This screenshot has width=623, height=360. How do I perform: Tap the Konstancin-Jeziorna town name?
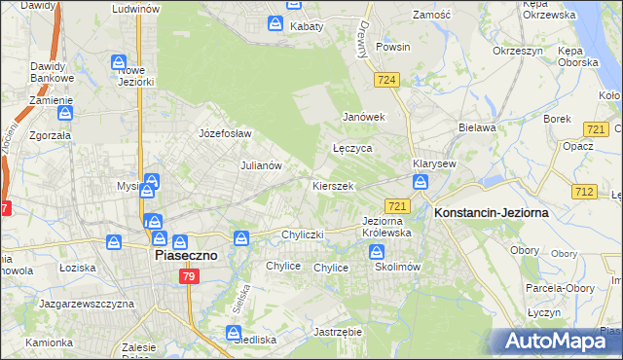(492, 211)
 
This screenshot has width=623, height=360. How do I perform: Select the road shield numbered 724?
(386, 80)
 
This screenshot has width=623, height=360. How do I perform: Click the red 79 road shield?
(190, 277)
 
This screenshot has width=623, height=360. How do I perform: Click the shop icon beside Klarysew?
(421, 182)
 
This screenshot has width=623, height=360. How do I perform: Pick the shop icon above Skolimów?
(379, 252)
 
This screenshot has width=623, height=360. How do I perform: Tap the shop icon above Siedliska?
(235, 334)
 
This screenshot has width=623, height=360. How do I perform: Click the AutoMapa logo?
(558, 342)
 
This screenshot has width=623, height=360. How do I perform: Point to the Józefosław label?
(225, 133)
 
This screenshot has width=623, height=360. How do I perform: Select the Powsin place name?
(393, 46)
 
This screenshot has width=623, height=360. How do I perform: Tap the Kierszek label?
(332, 185)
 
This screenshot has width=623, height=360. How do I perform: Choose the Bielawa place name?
(478, 127)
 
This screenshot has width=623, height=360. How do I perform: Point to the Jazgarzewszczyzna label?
(86, 305)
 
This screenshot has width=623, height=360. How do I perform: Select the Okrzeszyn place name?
(516, 50)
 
